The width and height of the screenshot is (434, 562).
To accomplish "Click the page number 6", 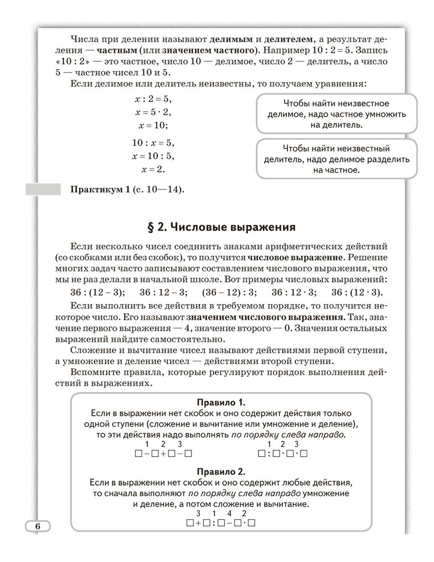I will coord(38,527).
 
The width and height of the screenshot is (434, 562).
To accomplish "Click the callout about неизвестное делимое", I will coord(336,114).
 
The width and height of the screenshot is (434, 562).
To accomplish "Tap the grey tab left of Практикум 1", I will coord(43,189).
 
